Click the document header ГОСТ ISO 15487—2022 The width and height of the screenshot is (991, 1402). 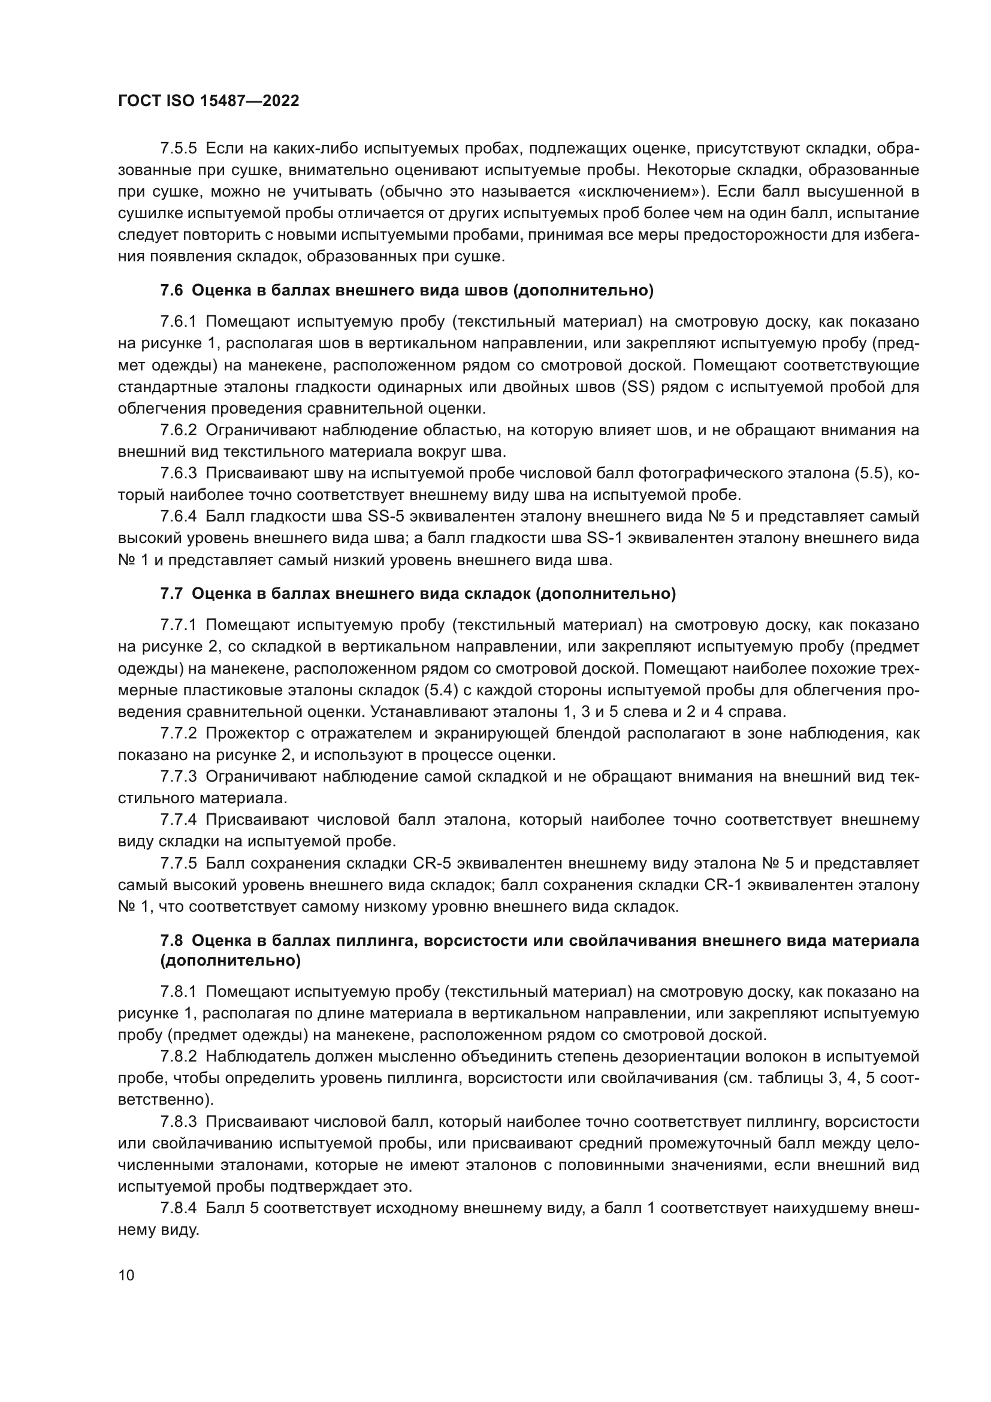(208, 101)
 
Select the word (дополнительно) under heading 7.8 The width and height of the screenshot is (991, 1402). (231, 961)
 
